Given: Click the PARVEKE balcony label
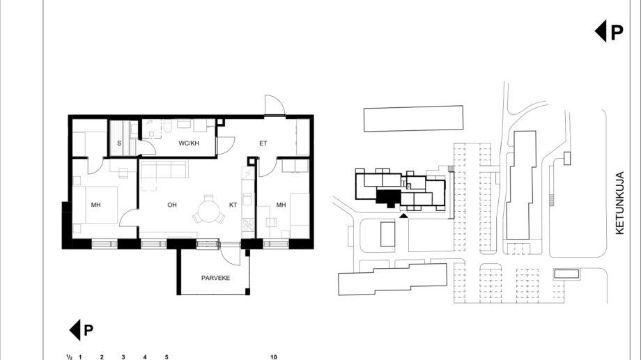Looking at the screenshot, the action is pyautogui.click(x=215, y=278).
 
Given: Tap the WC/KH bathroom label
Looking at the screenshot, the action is pyautogui.click(x=189, y=143).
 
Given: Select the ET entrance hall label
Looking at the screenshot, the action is pyautogui.click(x=263, y=143).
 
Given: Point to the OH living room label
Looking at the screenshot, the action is pyautogui.click(x=172, y=205).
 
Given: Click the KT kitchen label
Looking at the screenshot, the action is pyautogui.click(x=233, y=205).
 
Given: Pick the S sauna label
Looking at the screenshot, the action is pyautogui.click(x=119, y=143).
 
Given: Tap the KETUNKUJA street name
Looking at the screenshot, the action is pyautogui.click(x=619, y=203).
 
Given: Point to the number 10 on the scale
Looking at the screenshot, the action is pyautogui.click(x=274, y=357).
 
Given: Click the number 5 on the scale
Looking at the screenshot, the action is pyautogui.click(x=167, y=357).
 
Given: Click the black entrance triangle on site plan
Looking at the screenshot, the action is pyautogui.click(x=403, y=215).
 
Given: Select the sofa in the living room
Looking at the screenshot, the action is pyautogui.click(x=164, y=169).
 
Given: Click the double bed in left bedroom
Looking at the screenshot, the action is pyautogui.click(x=95, y=205).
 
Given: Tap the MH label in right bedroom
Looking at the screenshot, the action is pyautogui.click(x=281, y=205).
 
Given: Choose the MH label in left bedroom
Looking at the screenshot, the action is pyautogui.click(x=95, y=205).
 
